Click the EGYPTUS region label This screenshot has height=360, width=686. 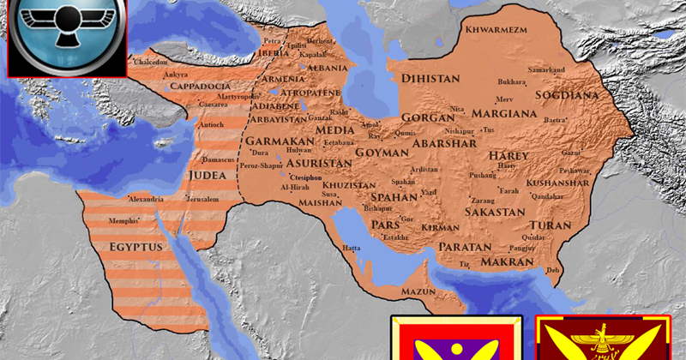pyautogui.click(x=135, y=247)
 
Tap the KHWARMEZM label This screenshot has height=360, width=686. pyautogui.click(x=495, y=31)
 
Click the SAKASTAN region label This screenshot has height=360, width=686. pyautogui.click(x=495, y=211)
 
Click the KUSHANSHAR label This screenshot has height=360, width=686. pyautogui.click(x=558, y=183)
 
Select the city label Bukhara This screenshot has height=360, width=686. pyautogui.click(x=512, y=83)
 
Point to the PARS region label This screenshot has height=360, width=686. pyautogui.click(x=386, y=225)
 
